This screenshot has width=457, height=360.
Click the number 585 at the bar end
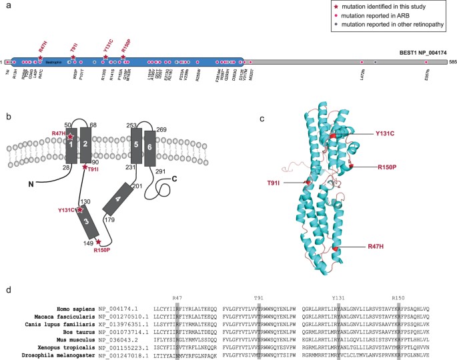point(452,61)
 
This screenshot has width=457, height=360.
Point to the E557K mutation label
point(425,77)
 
